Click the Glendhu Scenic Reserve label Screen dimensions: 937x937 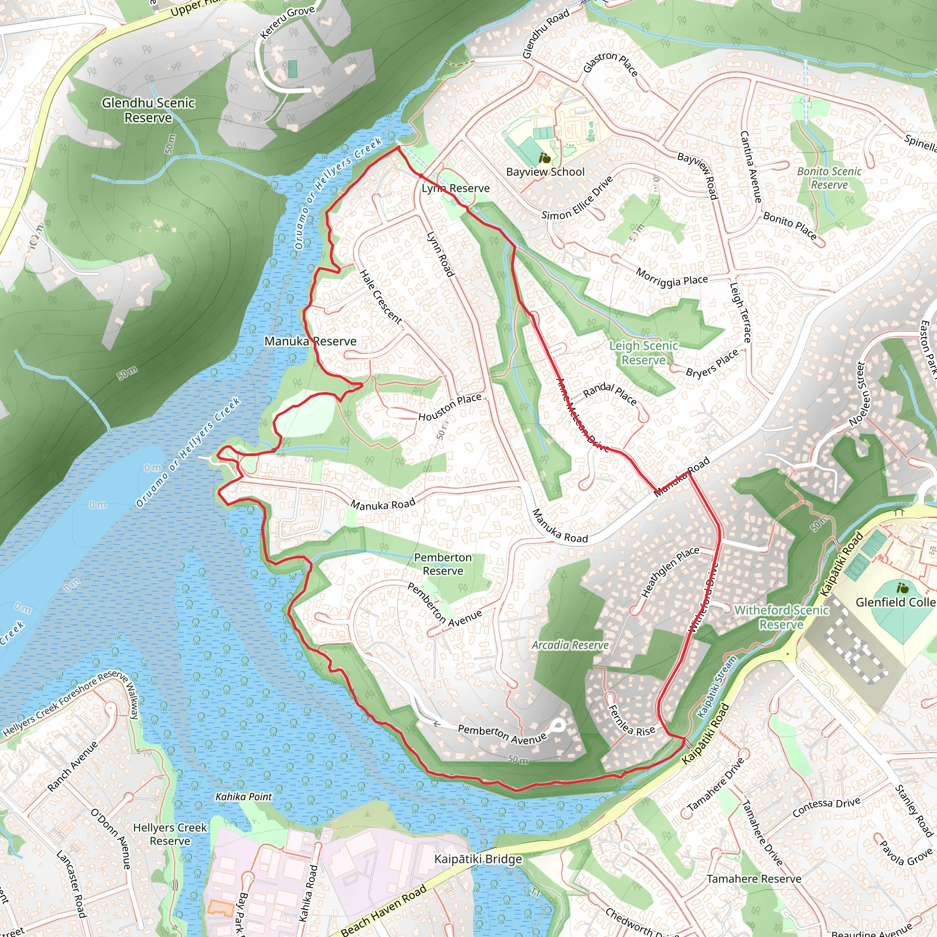pos(148,110)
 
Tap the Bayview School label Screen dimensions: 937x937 pos(545,172)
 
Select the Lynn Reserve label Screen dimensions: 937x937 pos(455,188)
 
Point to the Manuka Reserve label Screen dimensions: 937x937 pos(310,341)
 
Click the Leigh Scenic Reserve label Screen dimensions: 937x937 pos(644,353)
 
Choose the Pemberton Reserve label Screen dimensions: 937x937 pos(443,564)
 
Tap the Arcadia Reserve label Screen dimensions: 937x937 pos(570,645)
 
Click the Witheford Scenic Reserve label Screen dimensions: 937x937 pos(781,617)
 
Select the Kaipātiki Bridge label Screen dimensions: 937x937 pos(478,859)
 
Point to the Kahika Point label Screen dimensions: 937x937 pos(243,797)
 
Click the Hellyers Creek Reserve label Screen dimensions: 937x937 pos(170,834)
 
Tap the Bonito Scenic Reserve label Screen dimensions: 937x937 pos(829,178)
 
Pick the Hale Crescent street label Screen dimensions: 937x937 pos(381,297)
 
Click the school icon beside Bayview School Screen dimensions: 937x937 pos(544,158)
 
